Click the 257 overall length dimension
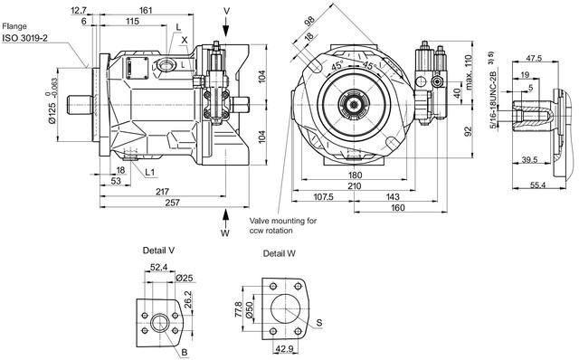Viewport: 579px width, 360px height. (173, 203)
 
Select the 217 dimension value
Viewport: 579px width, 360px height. (162, 192)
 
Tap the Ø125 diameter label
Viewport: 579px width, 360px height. (52, 113)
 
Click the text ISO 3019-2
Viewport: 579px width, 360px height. (25, 38)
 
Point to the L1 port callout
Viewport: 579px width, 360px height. (150, 172)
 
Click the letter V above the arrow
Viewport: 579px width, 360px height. (226, 11)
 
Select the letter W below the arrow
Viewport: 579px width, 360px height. (225, 233)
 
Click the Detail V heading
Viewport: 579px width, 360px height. (159, 251)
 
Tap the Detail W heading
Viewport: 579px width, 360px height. (280, 253)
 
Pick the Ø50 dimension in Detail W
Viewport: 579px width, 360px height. (250, 309)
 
